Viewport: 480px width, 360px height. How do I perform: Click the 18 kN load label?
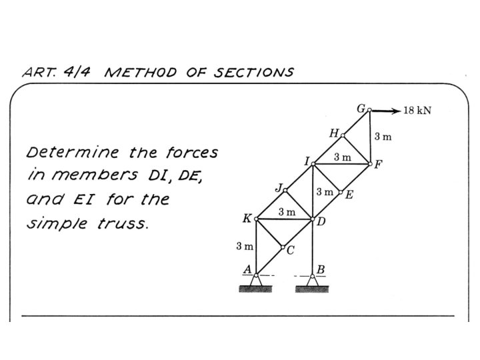point(417,111)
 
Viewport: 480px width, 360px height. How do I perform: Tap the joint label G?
point(361,107)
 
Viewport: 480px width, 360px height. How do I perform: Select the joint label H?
point(334,133)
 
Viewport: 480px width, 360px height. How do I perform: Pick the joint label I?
point(307,161)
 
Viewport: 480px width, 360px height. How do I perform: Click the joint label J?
point(278,187)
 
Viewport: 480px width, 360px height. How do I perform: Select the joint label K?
point(247,219)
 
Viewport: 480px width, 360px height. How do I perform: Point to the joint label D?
point(321,221)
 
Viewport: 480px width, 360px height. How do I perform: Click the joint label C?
point(290,251)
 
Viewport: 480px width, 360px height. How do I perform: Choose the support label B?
point(321,269)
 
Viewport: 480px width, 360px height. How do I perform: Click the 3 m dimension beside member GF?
point(383,137)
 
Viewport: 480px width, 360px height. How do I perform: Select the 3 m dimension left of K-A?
point(245,247)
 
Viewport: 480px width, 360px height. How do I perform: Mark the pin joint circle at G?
point(369,111)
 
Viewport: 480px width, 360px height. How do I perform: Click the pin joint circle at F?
point(370,163)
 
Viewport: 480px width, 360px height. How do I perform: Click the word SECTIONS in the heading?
point(253,72)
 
